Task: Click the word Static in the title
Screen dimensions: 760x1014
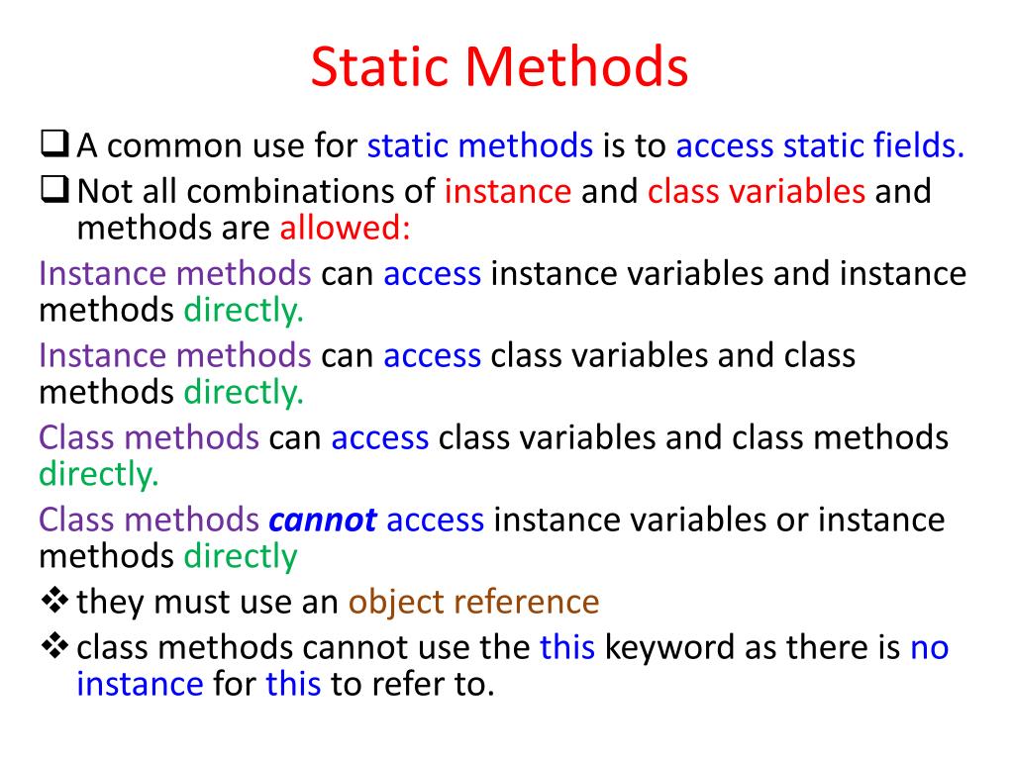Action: click(381, 68)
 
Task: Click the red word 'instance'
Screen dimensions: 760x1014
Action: click(508, 191)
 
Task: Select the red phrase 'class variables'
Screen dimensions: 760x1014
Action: click(757, 191)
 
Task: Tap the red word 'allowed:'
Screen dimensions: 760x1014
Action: click(345, 229)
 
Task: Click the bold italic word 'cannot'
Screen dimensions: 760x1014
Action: click(323, 520)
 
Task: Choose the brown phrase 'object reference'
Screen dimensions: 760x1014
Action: click(473, 602)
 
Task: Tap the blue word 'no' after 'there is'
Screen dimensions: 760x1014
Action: click(929, 647)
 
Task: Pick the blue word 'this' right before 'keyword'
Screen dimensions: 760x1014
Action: click(566, 647)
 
